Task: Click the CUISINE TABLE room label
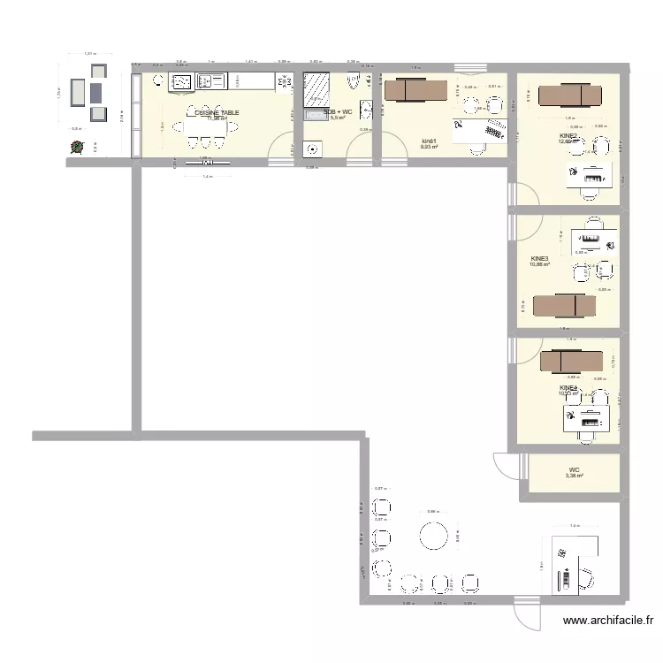tap(217, 113)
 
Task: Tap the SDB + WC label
tap(337, 112)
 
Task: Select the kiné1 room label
tap(430, 141)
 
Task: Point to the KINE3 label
tap(539, 259)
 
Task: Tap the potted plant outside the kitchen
tap(77, 149)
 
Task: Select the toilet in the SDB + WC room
tap(354, 83)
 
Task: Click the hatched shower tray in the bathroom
tap(316, 88)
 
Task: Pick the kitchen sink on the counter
tap(213, 82)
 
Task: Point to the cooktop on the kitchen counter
tap(182, 82)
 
